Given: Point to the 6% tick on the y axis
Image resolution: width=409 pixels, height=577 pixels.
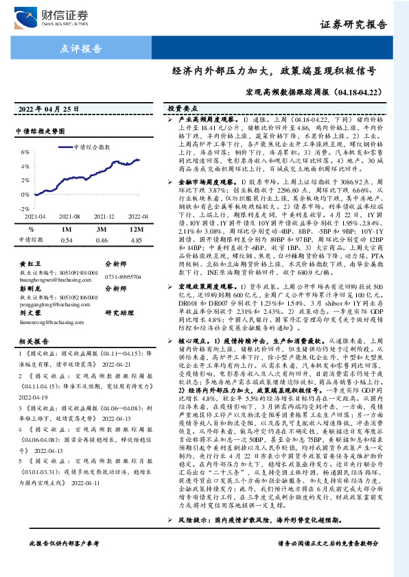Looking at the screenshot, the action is coord(25,152).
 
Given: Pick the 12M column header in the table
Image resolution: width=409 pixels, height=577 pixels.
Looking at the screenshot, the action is coord(136,229).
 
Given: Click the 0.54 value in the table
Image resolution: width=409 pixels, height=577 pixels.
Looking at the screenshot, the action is coord(67,240).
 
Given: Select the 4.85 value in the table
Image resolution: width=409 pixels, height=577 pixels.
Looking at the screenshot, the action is coord(136,240).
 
